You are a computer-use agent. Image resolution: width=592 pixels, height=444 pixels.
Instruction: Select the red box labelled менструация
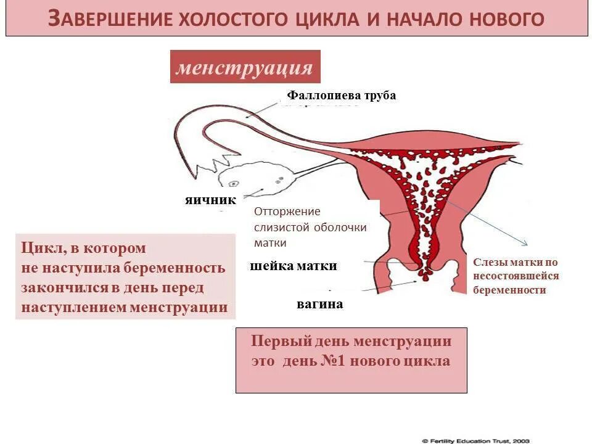coord(245,67)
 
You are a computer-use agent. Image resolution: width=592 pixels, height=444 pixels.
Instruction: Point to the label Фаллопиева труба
coord(341,96)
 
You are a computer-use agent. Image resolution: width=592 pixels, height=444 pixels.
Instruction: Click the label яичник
coord(211,200)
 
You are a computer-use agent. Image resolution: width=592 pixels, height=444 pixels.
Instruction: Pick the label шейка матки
coord(294,266)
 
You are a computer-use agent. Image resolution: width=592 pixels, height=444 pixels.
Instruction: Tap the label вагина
coord(319,304)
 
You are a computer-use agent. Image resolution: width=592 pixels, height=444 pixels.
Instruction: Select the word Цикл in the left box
coord(41,248)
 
